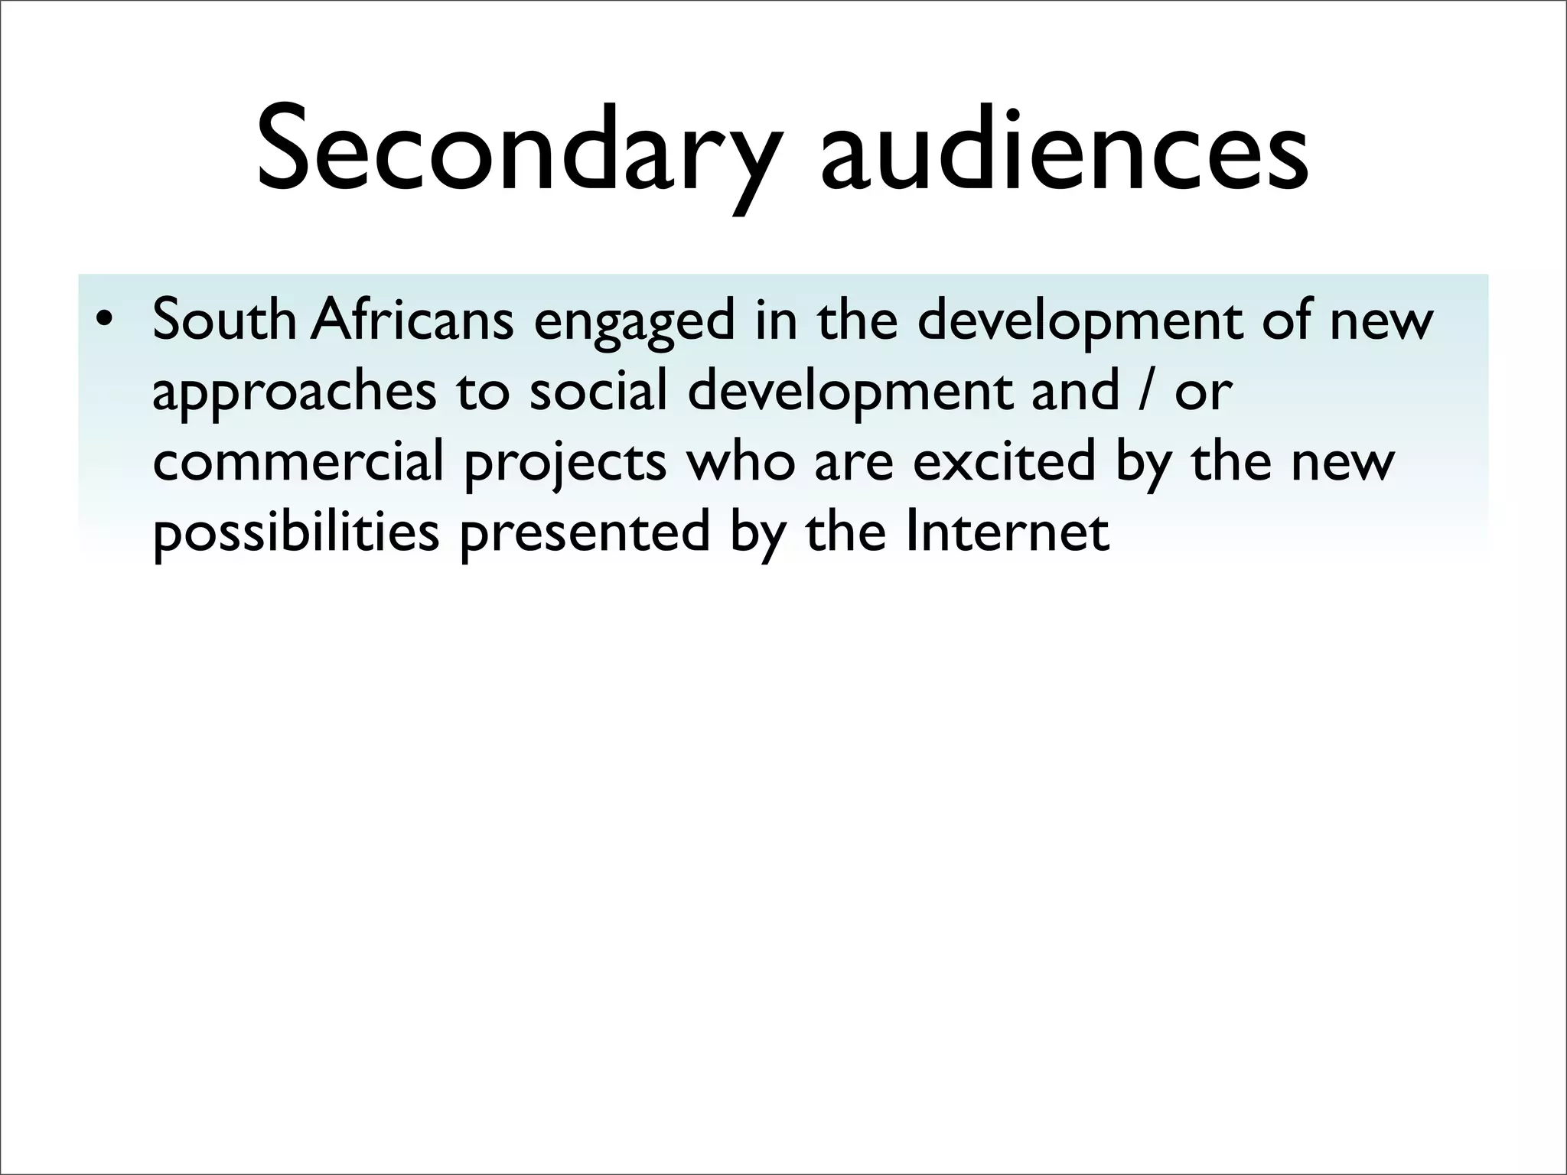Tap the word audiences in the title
pyautogui.click(x=1064, y=153)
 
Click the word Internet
pyautogui.click(x=1006, y=532)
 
